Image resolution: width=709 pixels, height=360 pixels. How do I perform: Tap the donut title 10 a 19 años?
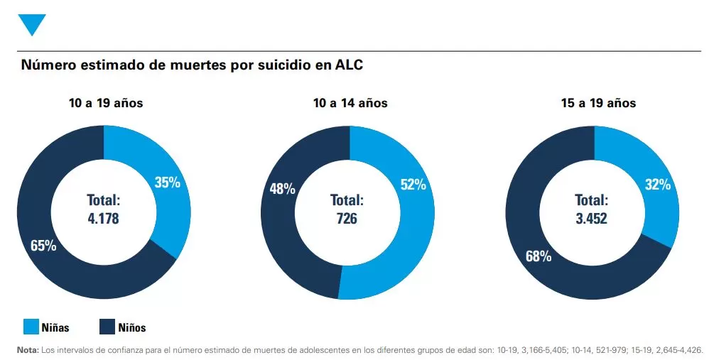(106, 103)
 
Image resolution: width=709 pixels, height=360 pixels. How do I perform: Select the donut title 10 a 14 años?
(350, 103)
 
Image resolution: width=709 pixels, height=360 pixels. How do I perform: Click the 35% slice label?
(167, 182)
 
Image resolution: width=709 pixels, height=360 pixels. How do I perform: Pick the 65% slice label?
(43, 246)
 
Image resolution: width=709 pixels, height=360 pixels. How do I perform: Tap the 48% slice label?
(282, 190)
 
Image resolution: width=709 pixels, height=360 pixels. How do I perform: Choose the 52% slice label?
(413, 185)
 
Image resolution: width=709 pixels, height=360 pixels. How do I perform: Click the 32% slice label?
(657, 185)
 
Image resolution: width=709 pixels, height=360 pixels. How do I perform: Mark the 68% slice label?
(538, 256)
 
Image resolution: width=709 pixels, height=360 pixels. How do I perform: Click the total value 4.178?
(103, 219)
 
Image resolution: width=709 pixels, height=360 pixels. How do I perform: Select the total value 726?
(347, 219)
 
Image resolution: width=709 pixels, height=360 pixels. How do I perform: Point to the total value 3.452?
(591, 219)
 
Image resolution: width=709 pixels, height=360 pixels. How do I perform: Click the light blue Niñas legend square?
(32, 327)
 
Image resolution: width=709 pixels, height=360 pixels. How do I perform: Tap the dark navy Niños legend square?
(107, 327)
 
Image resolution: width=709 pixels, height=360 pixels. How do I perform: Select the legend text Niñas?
(55, 327)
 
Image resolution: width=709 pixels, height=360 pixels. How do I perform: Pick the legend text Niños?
(131, 327)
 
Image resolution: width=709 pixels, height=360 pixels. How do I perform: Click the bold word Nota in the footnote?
(28, 350)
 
